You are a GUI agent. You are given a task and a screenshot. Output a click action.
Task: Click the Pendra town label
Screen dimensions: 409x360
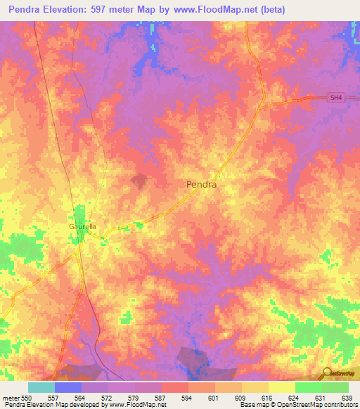[x=201, y=185]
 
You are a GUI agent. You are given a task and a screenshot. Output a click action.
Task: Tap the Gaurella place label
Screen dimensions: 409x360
[x=82, y=227]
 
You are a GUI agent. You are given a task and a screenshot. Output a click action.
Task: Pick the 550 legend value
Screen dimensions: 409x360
[x=27, y=398]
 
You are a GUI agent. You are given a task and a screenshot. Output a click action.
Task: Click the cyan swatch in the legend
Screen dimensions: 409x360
[x=41, y=387]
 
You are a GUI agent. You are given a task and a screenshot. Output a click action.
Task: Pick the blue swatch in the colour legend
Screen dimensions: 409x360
[x=67, y=387]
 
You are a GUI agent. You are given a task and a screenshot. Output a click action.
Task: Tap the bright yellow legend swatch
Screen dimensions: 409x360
[x=281, y=387]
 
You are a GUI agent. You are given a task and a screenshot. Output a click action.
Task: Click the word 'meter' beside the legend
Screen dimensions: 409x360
[x=11, y=398]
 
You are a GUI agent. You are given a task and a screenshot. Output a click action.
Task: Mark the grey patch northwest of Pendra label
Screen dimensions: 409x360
[x=141, y=181]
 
